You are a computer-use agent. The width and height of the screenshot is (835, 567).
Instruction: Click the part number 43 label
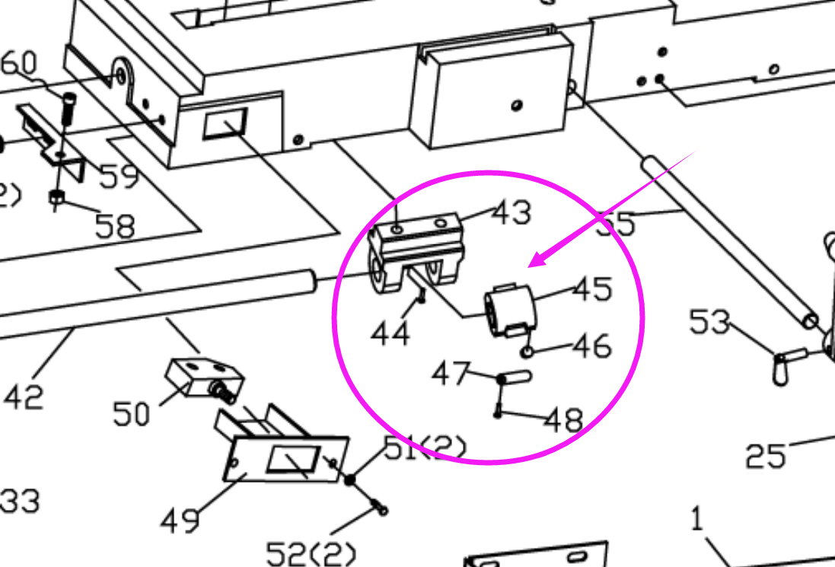511,212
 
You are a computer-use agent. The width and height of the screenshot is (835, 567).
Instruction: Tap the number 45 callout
592,289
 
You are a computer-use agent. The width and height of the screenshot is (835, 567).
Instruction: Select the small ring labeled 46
527,351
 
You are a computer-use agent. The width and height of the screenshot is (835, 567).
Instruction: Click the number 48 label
564,419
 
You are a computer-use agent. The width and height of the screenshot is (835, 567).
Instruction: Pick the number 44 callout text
390,332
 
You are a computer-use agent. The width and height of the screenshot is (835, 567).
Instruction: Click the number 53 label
709,322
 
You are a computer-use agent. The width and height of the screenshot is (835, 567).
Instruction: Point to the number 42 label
24,397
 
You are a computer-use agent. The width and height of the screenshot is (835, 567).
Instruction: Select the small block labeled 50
202,378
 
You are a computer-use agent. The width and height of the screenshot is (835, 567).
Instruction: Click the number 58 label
115,225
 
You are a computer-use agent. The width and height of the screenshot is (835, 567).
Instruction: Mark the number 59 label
118,177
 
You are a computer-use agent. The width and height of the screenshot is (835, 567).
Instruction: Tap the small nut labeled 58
57,199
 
